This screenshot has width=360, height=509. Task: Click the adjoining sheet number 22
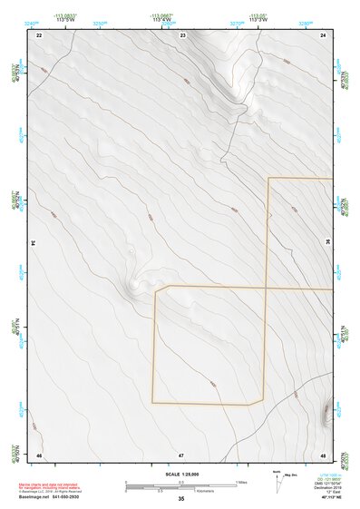coord(39,34)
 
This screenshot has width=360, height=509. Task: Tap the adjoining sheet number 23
coord(182,34)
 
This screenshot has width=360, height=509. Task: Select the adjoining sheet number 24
coord(323,34)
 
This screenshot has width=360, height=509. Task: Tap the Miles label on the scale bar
coord(241,482)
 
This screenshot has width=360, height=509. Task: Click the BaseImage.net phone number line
coord(50,498)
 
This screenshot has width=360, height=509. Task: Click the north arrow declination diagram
coord(277,480)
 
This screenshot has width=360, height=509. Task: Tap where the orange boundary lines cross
coord(268,289)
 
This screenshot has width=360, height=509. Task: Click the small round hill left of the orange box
coord(136,284)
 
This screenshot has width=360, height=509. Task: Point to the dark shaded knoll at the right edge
coord(326,413)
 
